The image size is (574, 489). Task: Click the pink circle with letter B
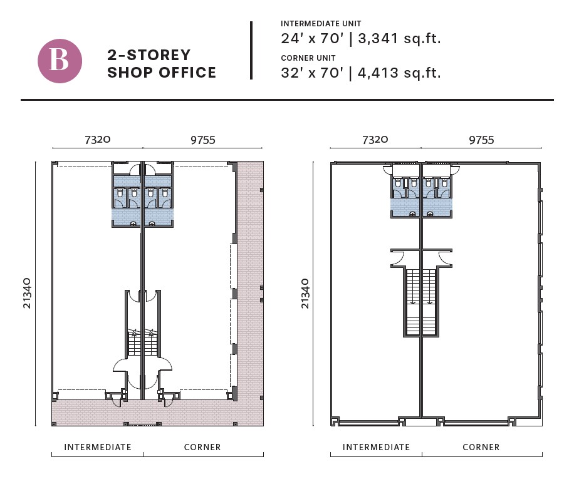(60, 61)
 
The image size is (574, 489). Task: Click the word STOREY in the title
(159, 55)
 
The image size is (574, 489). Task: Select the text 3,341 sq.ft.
(399, 38)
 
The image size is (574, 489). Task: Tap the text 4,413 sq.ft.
(399, 73)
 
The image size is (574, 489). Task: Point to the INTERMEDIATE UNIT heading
(321, 24)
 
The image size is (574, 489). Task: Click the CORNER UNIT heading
(308, 58)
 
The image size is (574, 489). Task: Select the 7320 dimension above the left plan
(97, 140)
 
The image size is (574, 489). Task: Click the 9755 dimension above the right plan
(481, 140)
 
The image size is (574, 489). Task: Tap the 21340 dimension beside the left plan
(27, 293)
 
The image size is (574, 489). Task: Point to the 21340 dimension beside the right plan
(305, 293)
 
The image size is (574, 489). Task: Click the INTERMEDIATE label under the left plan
(97, 447)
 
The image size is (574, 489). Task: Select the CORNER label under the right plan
(481, 447)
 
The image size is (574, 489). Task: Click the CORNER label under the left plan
(202, 447)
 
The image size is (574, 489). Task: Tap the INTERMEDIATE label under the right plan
(376, 447)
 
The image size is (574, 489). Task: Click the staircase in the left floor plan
(142, 342)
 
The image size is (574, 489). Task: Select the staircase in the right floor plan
(421, 302)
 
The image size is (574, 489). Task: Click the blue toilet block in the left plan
(142, 201)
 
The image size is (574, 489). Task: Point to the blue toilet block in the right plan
(421, 197)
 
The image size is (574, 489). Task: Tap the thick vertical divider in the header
(251, 51)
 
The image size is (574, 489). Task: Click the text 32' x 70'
(312, 73)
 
